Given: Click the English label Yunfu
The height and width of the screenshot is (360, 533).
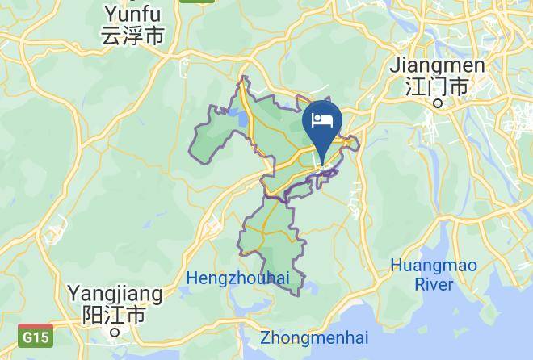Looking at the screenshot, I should coord(132,15).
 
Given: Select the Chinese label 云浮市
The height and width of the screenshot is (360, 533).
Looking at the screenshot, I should coord(132,36).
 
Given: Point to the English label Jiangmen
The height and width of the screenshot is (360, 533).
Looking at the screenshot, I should coord(437,65).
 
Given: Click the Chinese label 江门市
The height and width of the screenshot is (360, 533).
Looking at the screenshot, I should coord(437,86).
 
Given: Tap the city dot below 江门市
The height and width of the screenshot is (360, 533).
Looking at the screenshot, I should coord(438,103).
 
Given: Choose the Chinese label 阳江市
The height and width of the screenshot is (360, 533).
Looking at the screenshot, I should coord(115,313).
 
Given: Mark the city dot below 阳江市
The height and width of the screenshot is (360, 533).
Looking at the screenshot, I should coord(115,330).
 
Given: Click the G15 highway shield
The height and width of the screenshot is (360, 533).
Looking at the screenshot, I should coord(36,336).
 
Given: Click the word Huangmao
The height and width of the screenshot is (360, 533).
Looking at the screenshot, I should coord(434,266).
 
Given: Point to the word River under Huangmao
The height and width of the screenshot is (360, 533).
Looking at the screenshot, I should coord(434,284).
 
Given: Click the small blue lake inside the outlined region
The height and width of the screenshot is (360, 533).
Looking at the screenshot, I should coord(241,121).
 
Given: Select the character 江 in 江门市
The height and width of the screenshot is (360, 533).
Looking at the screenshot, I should coord(416,86).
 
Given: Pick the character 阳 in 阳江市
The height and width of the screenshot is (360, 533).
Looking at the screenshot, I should coord(94,313).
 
